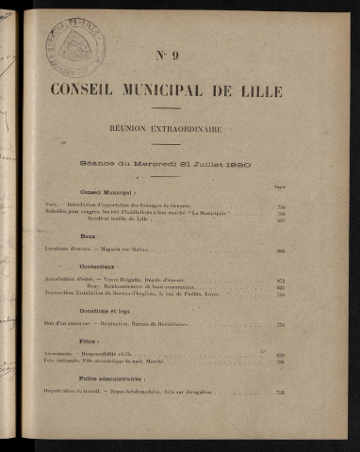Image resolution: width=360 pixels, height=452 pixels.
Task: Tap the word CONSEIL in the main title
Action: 92,91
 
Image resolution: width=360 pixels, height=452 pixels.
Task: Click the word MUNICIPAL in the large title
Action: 176,91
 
